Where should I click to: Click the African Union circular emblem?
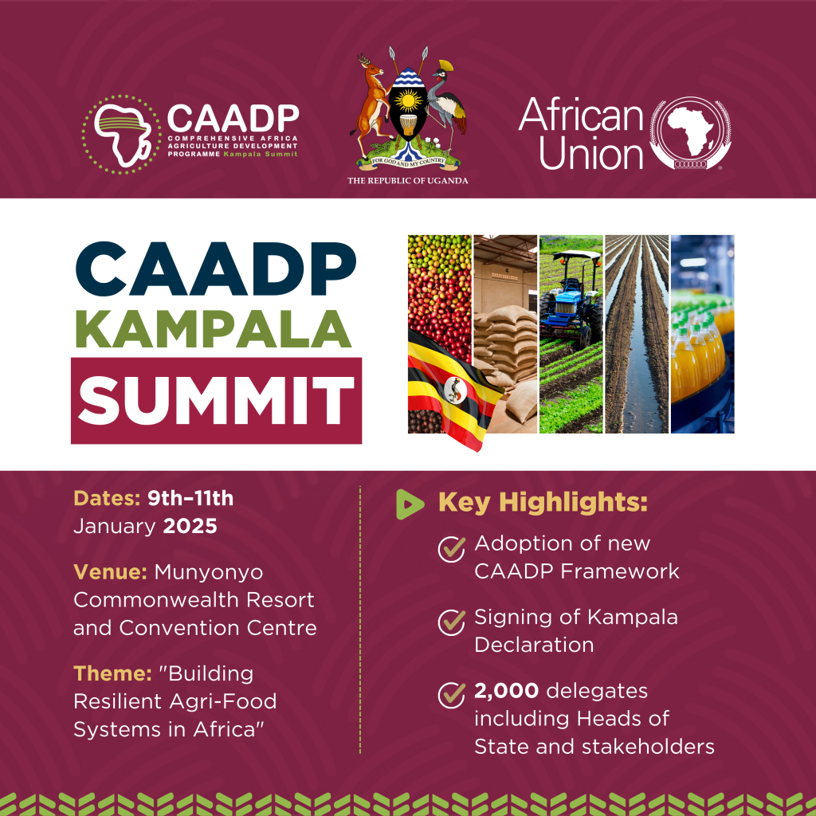(x=691, y=135)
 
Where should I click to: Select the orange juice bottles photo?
(x=701, y=335)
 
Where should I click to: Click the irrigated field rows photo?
(x=636, y=335)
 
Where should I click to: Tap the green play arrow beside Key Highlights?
(x=410, y=503)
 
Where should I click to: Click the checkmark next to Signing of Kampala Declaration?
(x=452, y=621)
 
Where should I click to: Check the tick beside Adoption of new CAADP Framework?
(x=452, y=547)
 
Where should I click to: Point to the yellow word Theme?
(x=112, y=673)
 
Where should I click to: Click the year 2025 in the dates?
(x=190, y=527)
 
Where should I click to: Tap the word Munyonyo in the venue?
(x=209, y=572)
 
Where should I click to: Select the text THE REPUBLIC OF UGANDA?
(x=407, y=181)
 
